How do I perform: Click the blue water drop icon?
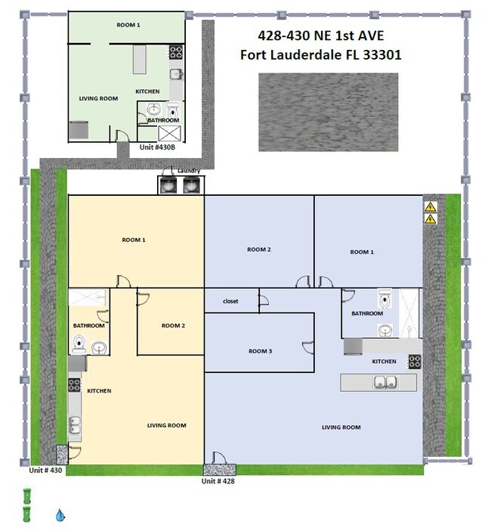(x=60, y=515)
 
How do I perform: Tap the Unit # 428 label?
(x=218, y=481)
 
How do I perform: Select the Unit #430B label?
(x=157, y=147)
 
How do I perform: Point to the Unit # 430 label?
(x=45, y=470)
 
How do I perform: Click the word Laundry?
(x=189, y=171)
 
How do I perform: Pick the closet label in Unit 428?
(x=230, y=301)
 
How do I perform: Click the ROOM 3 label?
(x=260, y=351)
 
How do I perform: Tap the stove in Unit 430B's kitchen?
(x=176, y=52)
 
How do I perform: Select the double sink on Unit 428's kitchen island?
(x=385, y=382)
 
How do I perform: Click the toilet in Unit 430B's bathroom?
(x=173, y=110)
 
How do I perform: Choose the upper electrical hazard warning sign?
(x=430, y=206)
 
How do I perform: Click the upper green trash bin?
(x=26, y=495)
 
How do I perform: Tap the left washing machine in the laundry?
(x=168, y=185)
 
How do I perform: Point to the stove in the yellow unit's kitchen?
(x=74, y=385)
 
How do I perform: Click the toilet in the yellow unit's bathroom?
(x=79, y=344)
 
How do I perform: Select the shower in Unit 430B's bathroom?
(x=170, y=133)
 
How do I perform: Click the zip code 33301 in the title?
(x=381, y=55)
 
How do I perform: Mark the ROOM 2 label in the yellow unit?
(x=173, y=325)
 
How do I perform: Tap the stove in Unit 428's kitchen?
(x=415, y=362)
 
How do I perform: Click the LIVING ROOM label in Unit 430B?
(x=98, y=98)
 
